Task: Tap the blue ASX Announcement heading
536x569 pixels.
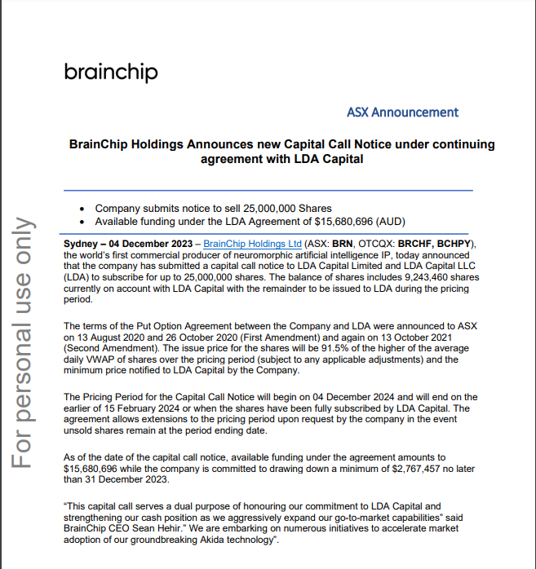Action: [402, 112]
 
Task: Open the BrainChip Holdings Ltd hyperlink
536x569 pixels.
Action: [252, 244]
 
